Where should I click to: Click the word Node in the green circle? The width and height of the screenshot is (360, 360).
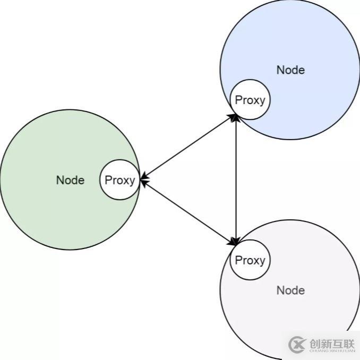[x=70, y=180]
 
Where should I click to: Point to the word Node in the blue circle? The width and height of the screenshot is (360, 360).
[x=290, y=70]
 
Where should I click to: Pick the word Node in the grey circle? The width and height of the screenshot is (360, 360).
[x=290, y=290]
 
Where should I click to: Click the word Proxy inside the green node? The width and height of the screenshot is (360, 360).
[x=119, y=180]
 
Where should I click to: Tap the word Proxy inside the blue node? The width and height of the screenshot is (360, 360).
[x=250, y=100]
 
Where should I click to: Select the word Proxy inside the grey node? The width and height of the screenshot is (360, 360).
[x=250, y=260]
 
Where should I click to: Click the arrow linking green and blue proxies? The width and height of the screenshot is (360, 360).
[x=188, y=147]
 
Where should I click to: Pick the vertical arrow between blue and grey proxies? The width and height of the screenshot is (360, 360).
[x=236, y=180]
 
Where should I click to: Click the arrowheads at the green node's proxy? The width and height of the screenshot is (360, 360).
[x=144, y=180]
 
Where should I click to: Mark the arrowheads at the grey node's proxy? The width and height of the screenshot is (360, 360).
[x=234, y=243]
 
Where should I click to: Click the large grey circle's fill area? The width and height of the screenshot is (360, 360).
[x=297, y=319]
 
